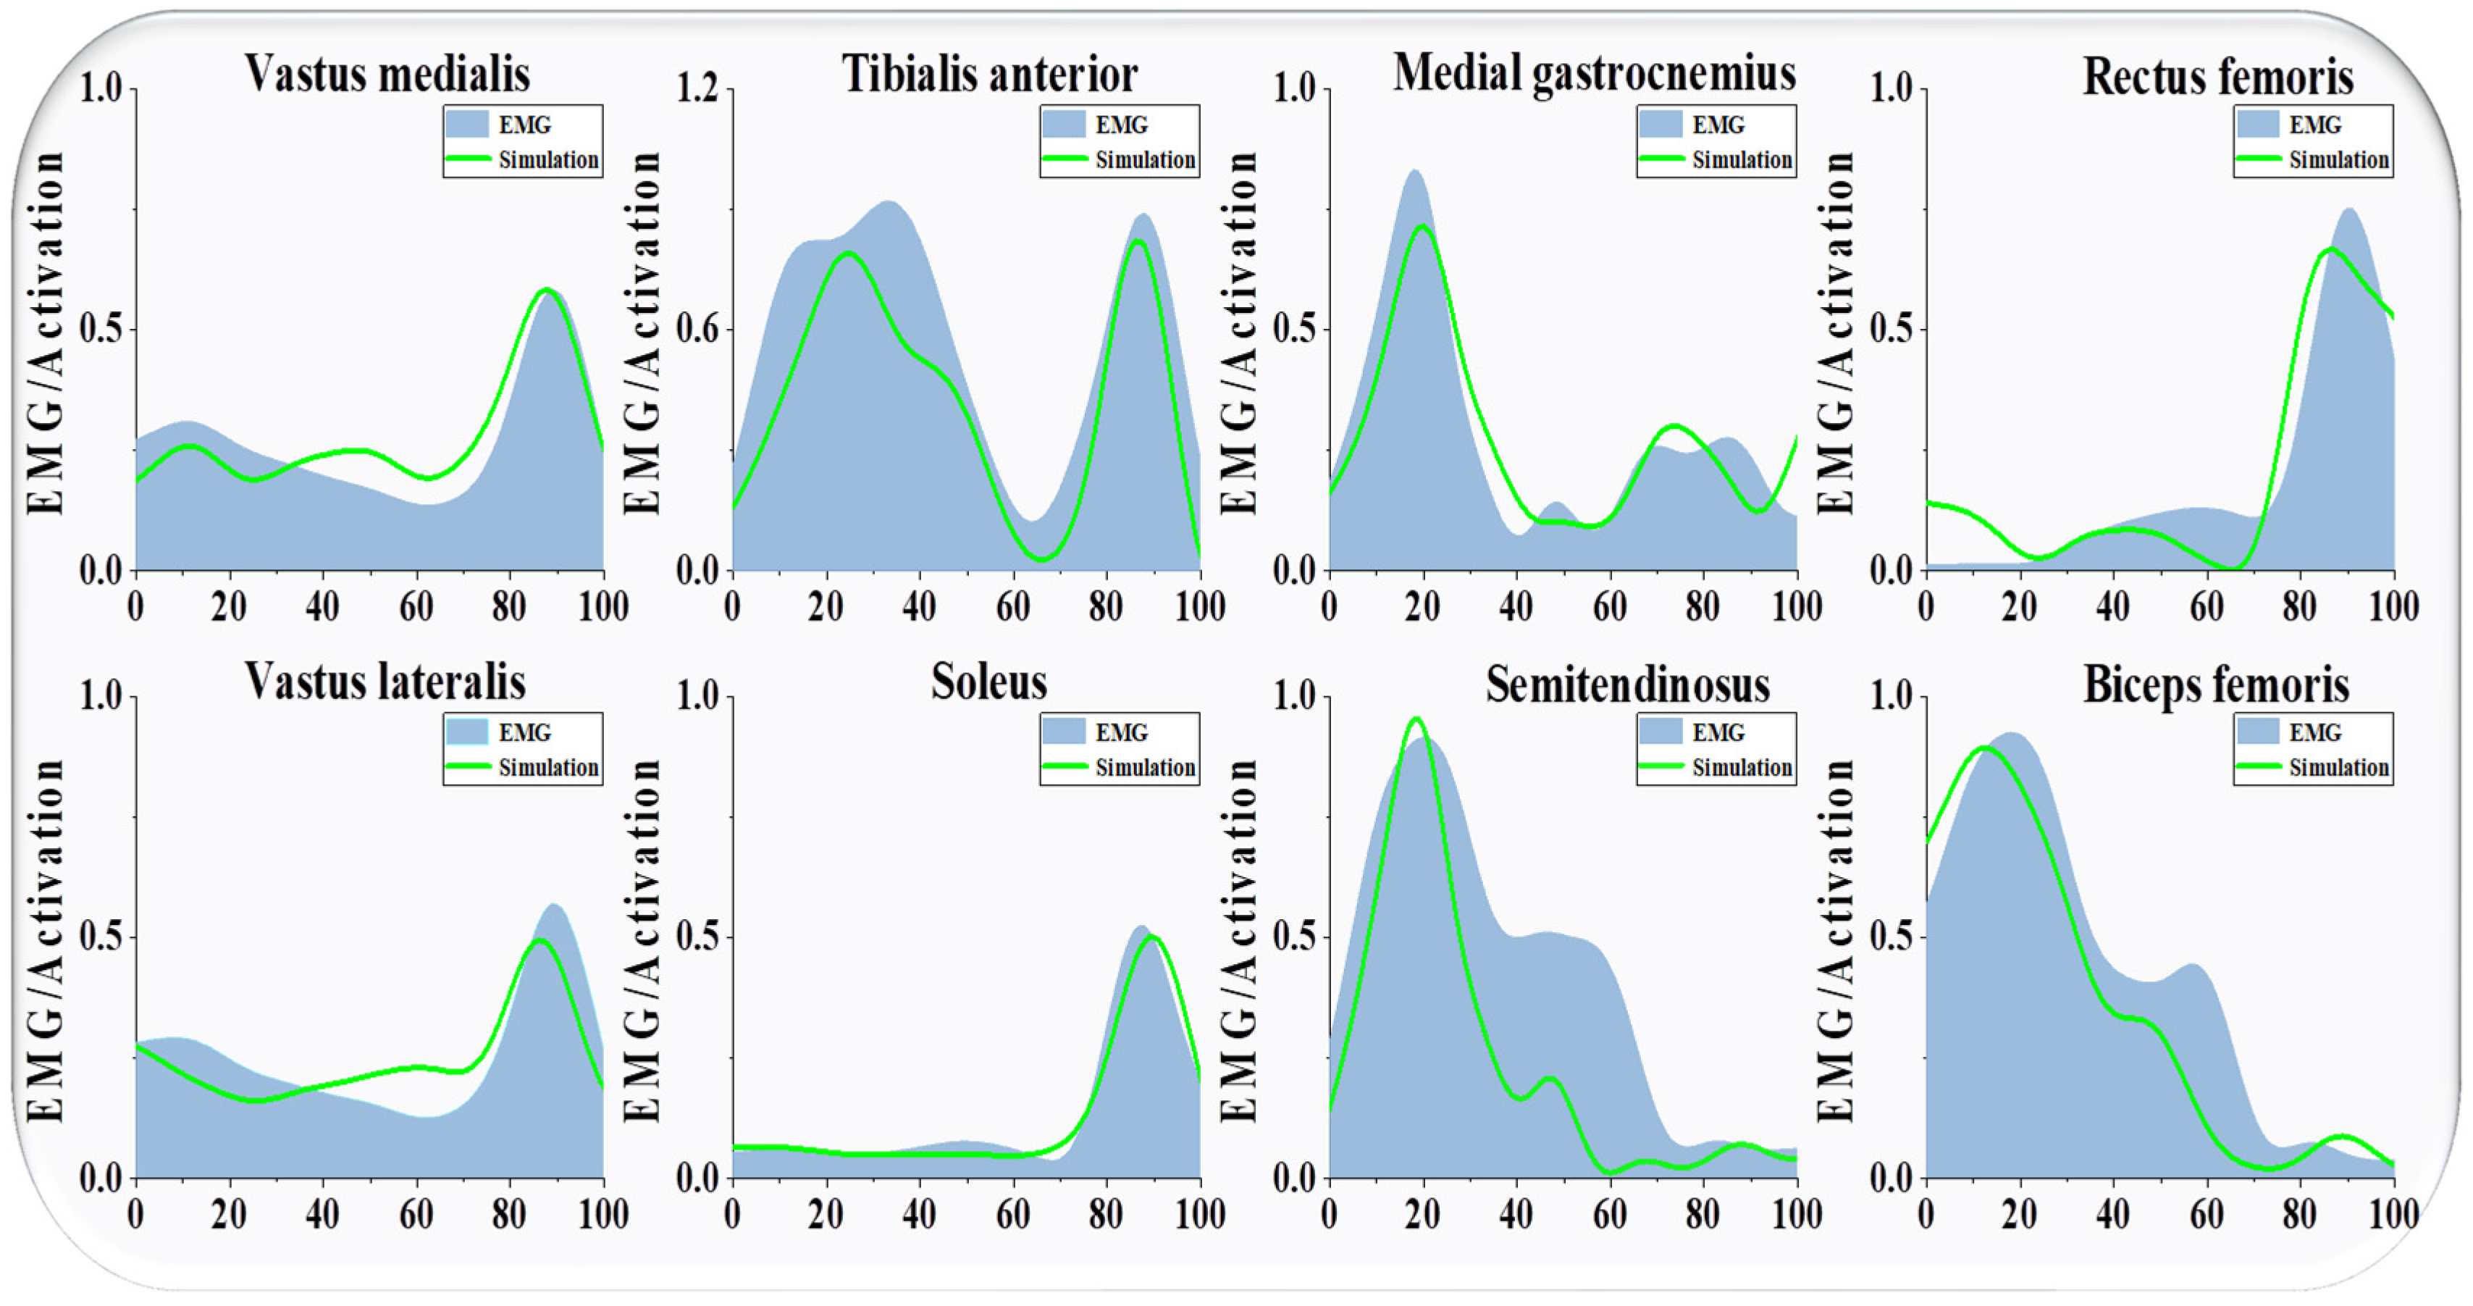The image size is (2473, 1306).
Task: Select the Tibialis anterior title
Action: tap(990, 73)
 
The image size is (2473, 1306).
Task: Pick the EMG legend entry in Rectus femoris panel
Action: tap(2314, 125)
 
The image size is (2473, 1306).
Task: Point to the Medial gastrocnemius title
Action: tap(1594, 73)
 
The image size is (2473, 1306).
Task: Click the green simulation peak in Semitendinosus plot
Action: tap(1416, 719)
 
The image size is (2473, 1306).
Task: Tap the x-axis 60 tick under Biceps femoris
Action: tap(2206, 1215)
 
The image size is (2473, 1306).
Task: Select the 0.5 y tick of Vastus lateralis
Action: tap(102, 937)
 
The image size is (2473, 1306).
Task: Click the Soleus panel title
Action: tap(988, 682)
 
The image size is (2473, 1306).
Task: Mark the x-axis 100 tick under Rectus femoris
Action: tap(2393, 607)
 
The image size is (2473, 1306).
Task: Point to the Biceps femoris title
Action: tap(2216, 685)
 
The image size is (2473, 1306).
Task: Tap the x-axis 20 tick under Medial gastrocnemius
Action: tap(1422, 607)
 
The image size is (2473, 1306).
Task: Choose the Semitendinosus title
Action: tap(1627, 685)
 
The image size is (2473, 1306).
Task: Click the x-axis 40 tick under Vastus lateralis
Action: tap(322, 1215)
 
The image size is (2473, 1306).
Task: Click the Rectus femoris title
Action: tap(2217, 77)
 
